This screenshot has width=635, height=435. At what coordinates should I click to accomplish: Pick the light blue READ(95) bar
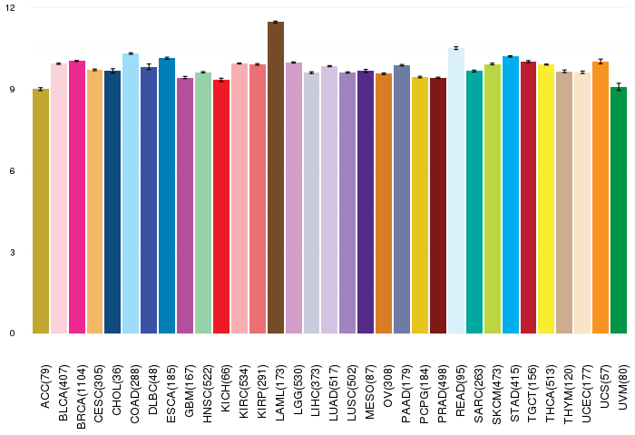(x=456, y=190)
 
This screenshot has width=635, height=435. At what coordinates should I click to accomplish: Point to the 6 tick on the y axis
(x=13, y=171)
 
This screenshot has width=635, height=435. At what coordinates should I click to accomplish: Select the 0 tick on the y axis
(x=13, y=333)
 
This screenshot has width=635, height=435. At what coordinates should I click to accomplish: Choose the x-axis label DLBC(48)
(x=150, y=381)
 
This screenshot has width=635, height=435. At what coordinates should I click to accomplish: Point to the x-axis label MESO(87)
(x=366, y=381)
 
